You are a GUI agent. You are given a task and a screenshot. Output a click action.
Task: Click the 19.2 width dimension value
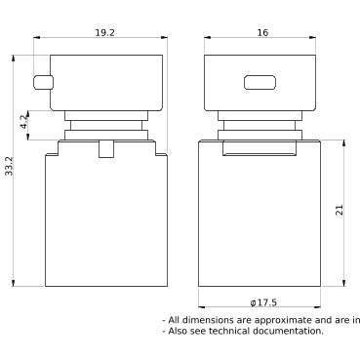(x=104, y=33)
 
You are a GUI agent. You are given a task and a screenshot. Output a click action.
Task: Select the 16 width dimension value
(x=262, y=33)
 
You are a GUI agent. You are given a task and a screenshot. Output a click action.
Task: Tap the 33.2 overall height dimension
(x=9, y=166)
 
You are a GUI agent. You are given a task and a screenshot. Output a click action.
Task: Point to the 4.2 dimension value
(x=24, y=122)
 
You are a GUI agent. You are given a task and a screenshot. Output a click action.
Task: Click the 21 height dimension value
(x=339, y=211)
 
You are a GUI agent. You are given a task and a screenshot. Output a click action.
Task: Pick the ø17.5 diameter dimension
(x=263, y=302)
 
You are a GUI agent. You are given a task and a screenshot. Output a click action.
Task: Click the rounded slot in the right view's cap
(x=260, y=82)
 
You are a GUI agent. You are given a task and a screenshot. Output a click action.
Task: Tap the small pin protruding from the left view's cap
(x=43, y=82)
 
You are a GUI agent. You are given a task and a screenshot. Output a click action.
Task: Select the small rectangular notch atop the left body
(x=106, y=148)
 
